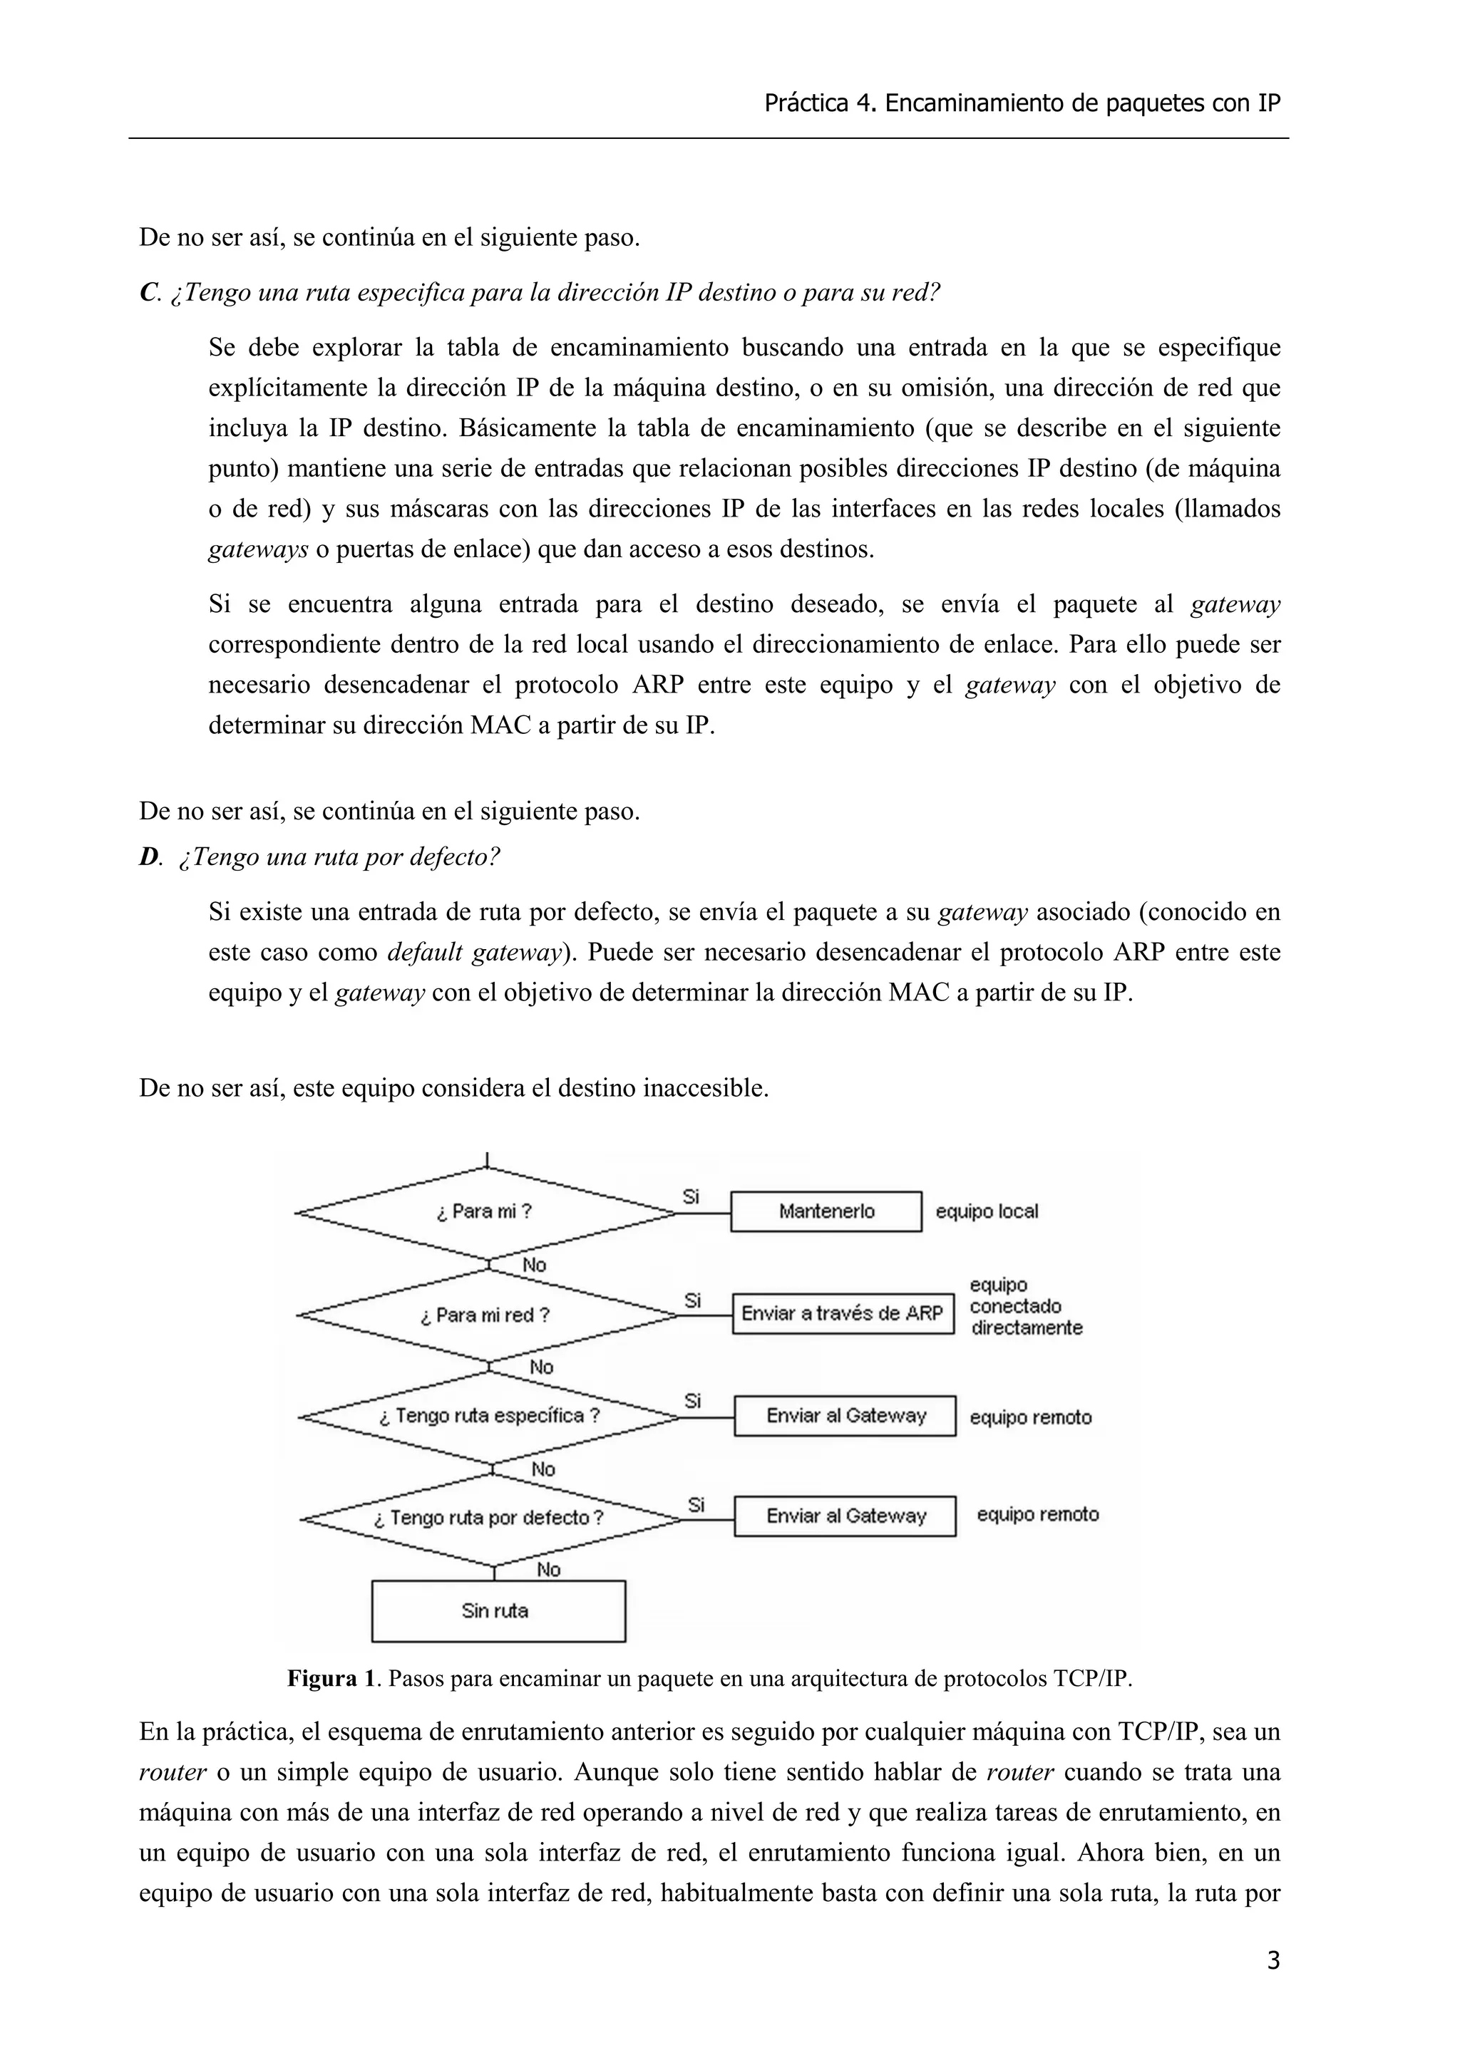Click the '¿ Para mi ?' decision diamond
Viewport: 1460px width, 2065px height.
485,1211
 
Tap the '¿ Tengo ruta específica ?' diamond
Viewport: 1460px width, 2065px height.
488,1417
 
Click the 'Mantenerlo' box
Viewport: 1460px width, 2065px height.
826,1211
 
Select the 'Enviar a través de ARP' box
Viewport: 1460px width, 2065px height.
842,1314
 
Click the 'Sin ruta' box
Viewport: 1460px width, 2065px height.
498,1611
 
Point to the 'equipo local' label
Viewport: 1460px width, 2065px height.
987,1211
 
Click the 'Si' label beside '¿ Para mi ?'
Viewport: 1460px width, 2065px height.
691,1196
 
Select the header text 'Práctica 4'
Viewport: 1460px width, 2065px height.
818,104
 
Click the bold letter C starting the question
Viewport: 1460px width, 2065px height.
148,293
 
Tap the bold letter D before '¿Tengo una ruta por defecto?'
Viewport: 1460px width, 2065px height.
148,857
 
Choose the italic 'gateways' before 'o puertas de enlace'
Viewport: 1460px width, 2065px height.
258,549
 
